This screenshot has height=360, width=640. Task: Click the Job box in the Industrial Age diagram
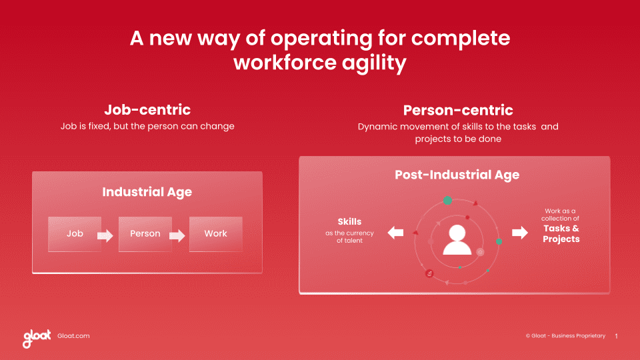[x=75, y=234]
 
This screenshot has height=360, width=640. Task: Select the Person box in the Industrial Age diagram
[x=145, y=234]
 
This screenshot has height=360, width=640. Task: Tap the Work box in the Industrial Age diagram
[x=215, y=234]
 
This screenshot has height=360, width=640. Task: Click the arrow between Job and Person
[x=105, y=235]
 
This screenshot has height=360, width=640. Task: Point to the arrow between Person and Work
[x=176, y=235]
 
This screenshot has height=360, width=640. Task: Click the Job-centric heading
[x=147, y=110]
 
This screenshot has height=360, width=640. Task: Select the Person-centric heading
[x=457, y=110]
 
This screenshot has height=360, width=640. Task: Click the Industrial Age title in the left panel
[x=147, y=192]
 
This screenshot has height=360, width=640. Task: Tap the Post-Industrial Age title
[x=457, y=175]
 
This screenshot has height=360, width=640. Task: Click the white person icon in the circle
[x=457, y=240]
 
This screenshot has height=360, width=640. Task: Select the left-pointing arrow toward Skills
[x=395, y=233]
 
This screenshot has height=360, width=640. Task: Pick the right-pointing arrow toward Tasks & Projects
[x=519, y=233]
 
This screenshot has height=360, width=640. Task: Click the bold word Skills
[x=349, y=221]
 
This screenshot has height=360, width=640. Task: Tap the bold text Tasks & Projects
[x=561, y=233]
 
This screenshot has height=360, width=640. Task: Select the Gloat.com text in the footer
[x=73, y=336]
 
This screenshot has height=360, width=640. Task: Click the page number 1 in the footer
[x=616, y=336]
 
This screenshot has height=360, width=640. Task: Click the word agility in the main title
[x=370, y=63]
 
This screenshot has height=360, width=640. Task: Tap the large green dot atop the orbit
[x=447, y=201]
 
